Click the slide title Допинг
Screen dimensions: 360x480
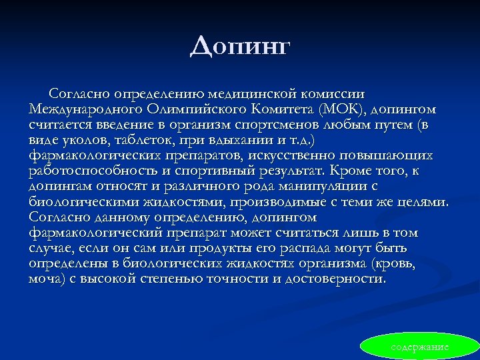click(240, 46)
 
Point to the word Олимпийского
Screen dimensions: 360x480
click(191, 109)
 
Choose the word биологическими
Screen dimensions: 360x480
click(83, 201)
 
